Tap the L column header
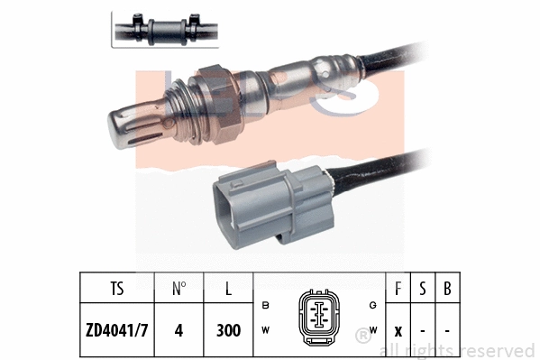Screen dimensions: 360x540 click(229, 291)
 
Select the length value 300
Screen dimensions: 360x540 click(229, 330)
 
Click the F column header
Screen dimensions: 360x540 click(398, 291)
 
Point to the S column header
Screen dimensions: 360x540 click(423, 291)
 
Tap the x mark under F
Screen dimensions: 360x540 click(398, 330)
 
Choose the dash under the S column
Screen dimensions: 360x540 click(423, 330)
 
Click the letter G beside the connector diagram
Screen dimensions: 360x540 click(371, 306)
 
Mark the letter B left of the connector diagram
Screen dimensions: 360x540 click(265, 306)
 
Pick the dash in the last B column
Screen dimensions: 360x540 click(446, 330)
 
